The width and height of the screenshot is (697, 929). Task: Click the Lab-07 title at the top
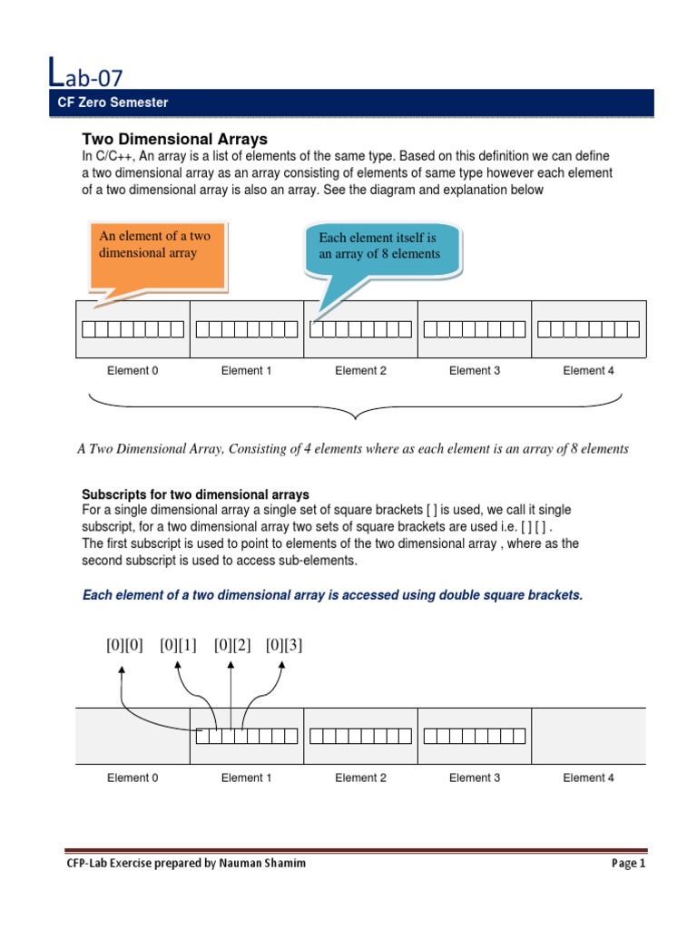(88, 73)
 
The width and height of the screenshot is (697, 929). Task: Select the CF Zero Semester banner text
(113, 103)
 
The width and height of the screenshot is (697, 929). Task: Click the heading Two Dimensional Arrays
(174, 139)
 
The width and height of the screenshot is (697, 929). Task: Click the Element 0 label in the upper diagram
(133, 370)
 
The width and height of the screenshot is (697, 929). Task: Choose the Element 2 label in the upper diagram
(360, 370)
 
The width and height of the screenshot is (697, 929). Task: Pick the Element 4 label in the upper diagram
(588, 370)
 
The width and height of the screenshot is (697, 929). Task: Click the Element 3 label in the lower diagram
(475, 777)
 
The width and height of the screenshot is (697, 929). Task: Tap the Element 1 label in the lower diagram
(247, 777)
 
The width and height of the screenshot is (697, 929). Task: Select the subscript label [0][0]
(124, 645)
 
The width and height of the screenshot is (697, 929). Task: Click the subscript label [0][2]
(232, 645)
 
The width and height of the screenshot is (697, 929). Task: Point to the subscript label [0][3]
(284, 645)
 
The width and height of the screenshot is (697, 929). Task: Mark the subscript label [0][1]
(178, 645)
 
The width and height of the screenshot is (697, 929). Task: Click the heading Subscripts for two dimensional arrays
(195, 494)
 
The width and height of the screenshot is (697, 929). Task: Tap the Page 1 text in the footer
(628, 864)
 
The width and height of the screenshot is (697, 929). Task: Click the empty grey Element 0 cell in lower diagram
(133, 736)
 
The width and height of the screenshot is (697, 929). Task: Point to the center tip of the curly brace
(355, 418)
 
